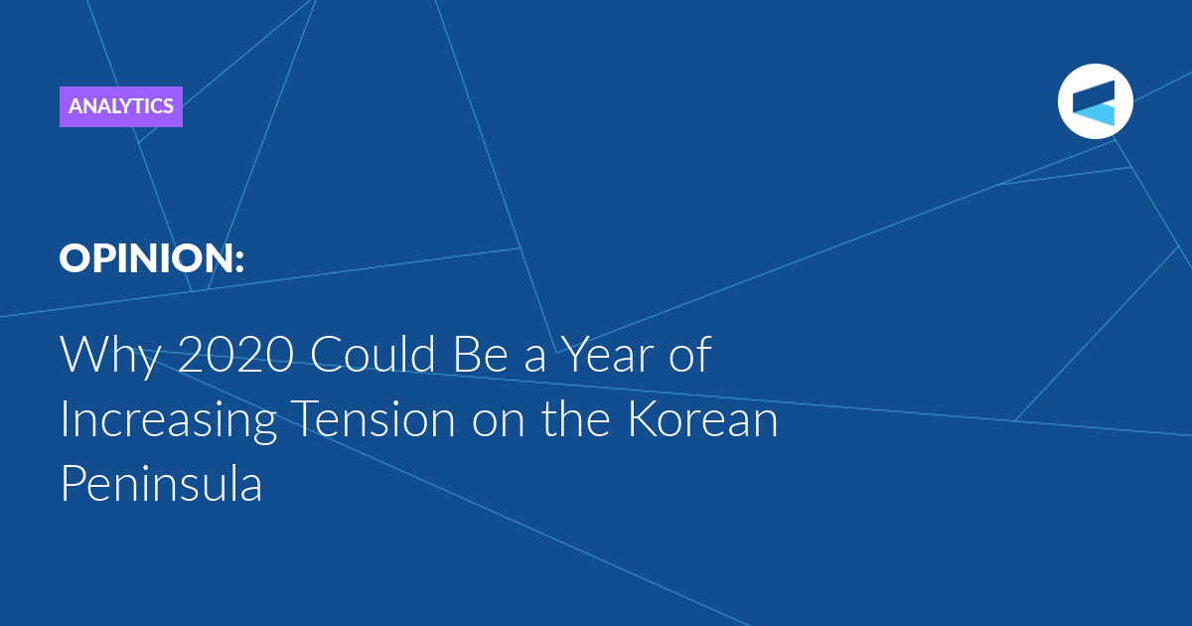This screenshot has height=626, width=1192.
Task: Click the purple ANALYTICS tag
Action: tap(121, 106)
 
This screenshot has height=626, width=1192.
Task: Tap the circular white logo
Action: tap(1095, 101)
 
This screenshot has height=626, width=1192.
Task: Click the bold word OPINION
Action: tap(144, 258)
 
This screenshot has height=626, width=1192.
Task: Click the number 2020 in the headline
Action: tap(235, 354)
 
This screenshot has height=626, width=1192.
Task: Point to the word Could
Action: tap(372, 353)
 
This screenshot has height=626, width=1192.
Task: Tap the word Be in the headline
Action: tap(480, 354)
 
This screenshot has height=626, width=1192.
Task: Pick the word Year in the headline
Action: tap(607, 354)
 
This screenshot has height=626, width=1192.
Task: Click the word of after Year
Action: tap(690, 353)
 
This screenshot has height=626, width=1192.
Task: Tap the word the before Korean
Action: tap(576, 418)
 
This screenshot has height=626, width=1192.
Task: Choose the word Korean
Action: tap(703, 419)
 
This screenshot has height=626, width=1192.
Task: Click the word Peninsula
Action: tap(162, 483)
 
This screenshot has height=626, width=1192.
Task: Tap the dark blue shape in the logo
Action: tap(1095, 94)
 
